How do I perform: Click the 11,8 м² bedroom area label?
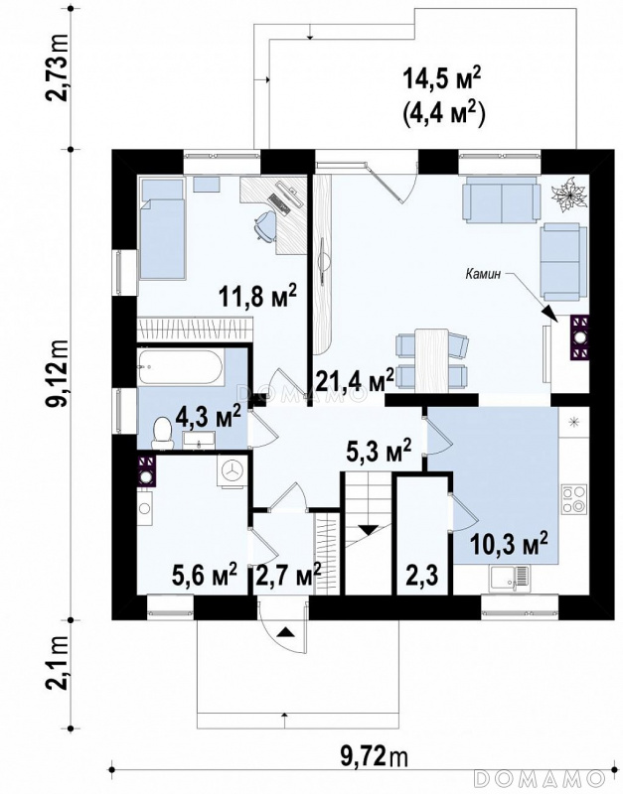pos(257,296)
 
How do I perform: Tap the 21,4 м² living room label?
pos(355,379)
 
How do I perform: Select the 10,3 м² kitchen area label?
pos(509,543)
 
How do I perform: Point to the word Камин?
pos(483,275)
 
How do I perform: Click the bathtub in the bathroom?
pos(180,367)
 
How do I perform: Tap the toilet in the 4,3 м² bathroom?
pos(163,434)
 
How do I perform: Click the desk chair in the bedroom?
pos(265,225)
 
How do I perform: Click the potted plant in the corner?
pos(570,194)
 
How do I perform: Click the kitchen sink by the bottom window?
pos(509,579)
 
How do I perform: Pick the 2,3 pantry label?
pos(422,576)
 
